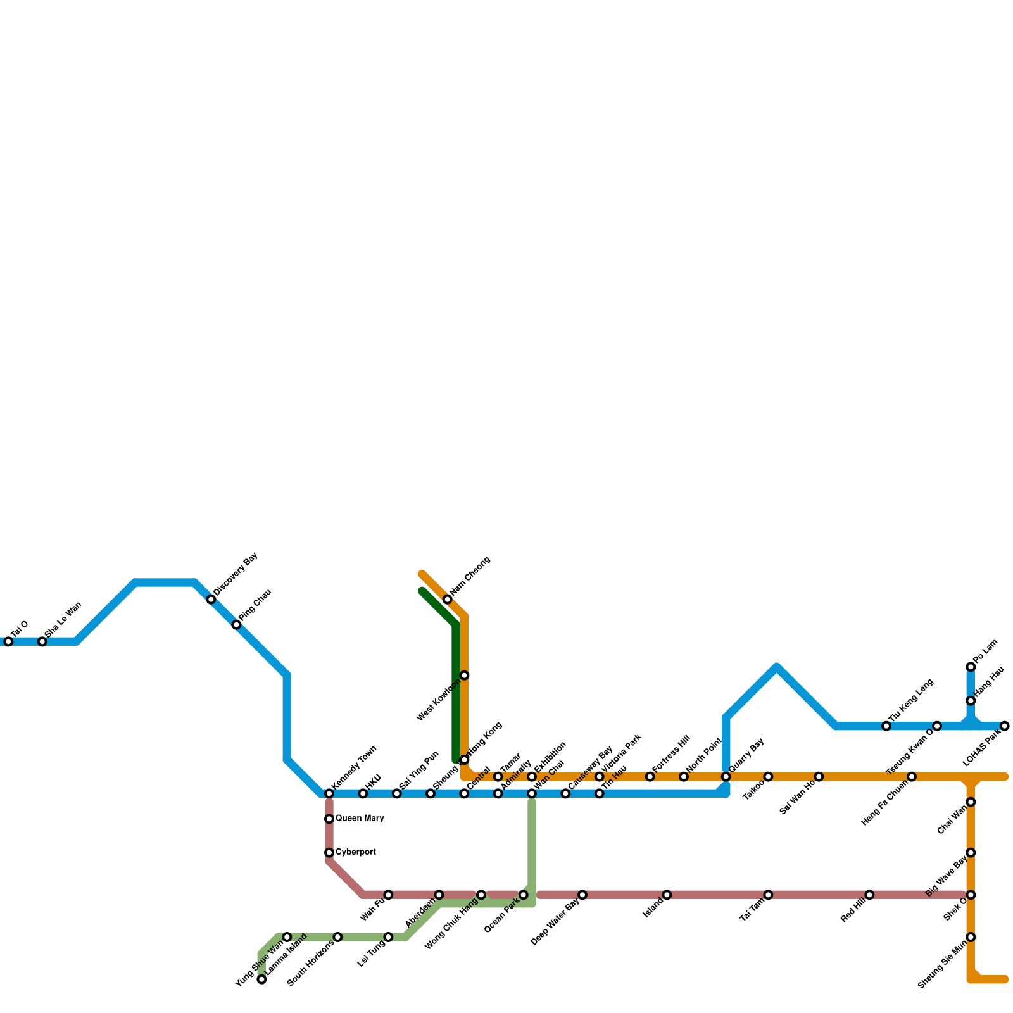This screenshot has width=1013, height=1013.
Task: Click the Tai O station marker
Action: (x=8, y=642)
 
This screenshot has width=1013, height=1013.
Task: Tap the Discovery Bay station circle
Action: (x=211, y=600)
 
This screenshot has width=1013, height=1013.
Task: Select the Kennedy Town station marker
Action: (x=329, y=794)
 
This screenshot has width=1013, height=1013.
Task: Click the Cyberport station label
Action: (x=356, y=852)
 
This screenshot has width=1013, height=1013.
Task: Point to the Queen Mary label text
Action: (x=360, y=819)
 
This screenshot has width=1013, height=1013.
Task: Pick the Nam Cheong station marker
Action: (x=448, y=600)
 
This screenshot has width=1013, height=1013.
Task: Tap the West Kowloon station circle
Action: (x=464, y=676)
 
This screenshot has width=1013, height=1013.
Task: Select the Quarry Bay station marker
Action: (x=726, y=777)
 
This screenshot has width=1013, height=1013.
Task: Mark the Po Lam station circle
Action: (x=971, y=667)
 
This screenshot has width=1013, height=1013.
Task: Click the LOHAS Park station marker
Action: (x=1005, y=726)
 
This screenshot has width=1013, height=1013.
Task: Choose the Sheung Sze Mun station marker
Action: (x=971, y=937)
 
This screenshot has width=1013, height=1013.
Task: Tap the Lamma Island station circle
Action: (x=262, y=979)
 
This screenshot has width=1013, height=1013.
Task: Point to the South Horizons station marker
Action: (x=337, y=937)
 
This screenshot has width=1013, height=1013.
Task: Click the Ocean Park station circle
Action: (x=524, y=895)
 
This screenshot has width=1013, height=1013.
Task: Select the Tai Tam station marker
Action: (x=768, y=895)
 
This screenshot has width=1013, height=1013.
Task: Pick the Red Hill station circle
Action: (x=869, y=895)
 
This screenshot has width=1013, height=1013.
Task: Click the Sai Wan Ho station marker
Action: (x=819, y=777)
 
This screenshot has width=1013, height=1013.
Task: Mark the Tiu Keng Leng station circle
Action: (x=886, y=726)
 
